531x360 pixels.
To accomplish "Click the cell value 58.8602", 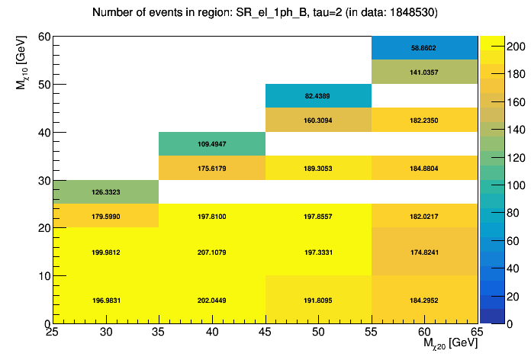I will click(x=423, y=47).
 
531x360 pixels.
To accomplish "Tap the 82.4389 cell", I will click(x=317, y=96).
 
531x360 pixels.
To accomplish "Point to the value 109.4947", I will click(x=211, y=144).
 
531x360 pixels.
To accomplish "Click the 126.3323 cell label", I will click(x=105, y=193).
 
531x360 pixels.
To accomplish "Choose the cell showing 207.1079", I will click(x=211, y=252).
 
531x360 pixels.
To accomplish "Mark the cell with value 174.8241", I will click(x=423, y=252).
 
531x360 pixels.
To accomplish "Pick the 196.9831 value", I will click(x=105, y=300).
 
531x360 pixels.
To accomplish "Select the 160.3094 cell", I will click(x=317, y=121).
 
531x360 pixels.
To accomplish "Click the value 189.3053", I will click(x=317, y=169).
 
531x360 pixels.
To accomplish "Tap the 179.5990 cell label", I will click(x=105, y=217).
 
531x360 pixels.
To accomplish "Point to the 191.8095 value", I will click(x=317, y=300).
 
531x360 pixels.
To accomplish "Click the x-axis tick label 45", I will click(x=265, y=332).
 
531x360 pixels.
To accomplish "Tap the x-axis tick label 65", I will click(x=477, y=332).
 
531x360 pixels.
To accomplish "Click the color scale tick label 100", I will click(x=503, y=185).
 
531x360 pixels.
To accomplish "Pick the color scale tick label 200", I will click(x=503, y=47).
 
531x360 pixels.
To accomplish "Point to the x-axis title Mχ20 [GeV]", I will click(x=450, y=345).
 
